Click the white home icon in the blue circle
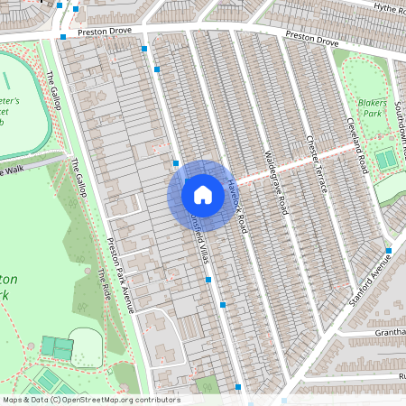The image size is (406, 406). pos(203,194)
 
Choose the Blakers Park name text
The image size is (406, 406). pos(372,110)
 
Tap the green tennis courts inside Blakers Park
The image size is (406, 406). pos(385,160)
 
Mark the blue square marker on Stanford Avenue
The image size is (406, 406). pos(388,250)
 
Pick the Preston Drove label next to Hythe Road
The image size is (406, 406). pos(312,41)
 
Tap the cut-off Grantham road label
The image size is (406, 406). pos(383,332)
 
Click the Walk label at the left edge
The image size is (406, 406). pos(13,169)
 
